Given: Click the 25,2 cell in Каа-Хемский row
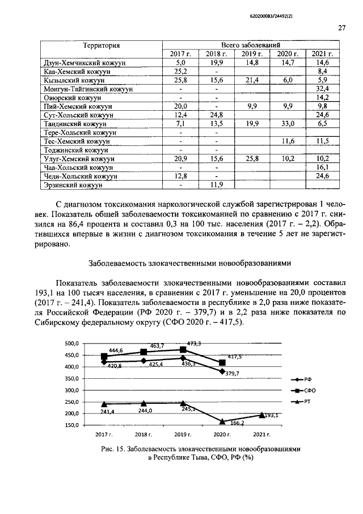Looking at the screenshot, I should [x=181, y=72].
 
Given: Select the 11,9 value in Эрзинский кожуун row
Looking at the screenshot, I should [x=216, y=185].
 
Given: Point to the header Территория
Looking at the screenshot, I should [x=102, y=45].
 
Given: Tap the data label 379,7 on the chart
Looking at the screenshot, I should [x=232, y=373].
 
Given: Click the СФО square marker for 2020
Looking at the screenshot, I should [x=222, y=362].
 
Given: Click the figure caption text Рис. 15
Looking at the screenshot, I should [x=117, y=449].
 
